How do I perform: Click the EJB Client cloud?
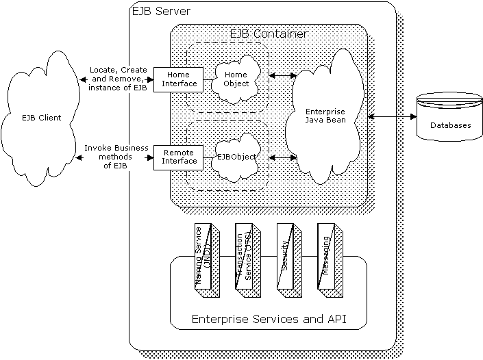(41, 118)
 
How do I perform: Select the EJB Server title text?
(160, 12)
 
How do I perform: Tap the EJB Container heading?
(267, 34)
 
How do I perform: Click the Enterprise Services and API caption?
(269, 319)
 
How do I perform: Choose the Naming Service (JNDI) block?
(205, 256)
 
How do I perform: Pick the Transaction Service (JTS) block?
(246, 256)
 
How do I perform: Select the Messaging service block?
(328, 256)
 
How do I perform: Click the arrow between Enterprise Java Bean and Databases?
(391, 117)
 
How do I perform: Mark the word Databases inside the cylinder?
(450, 125)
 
